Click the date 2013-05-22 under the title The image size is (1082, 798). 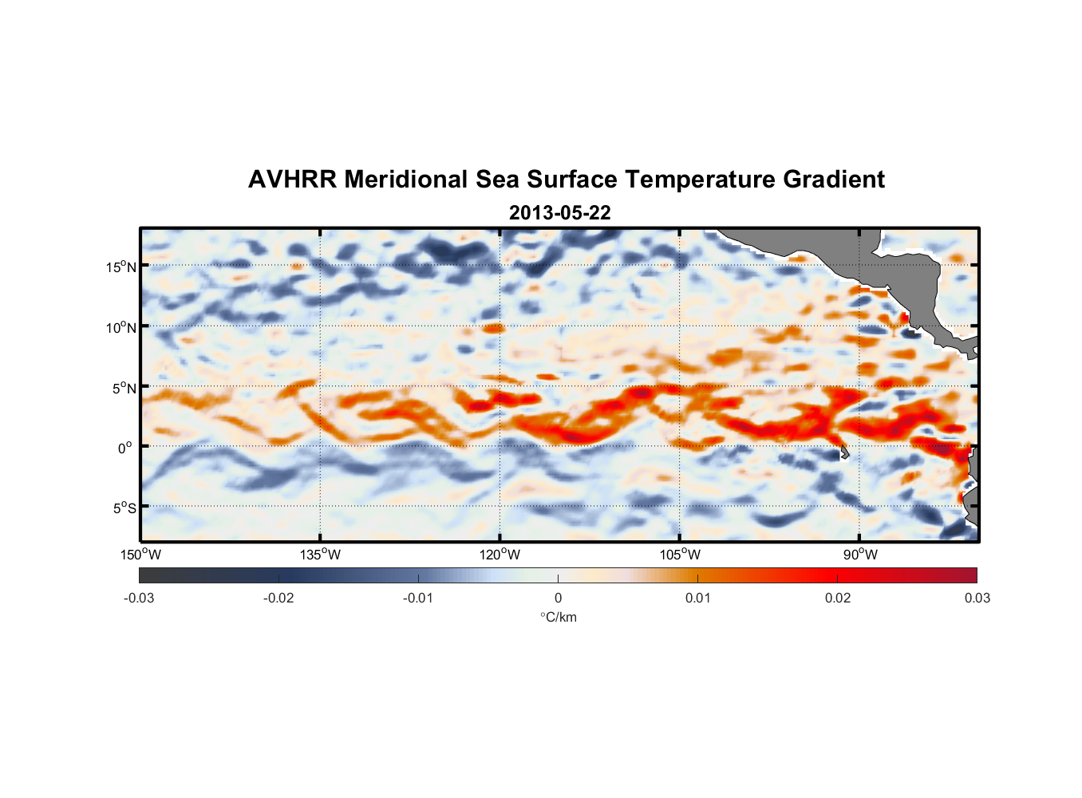[559, 213]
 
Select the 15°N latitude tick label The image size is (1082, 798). [120, 267]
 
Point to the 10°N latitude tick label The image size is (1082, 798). [120, 327]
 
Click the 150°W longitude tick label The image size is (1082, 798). [141, 555]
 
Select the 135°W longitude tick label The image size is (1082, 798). [320, 555]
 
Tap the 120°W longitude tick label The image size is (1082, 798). [500, 555]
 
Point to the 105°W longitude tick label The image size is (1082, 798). [680, 555]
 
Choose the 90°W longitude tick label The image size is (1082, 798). [860, 555]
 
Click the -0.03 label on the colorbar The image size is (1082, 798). [139, 598]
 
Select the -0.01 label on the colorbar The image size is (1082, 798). [418, 598]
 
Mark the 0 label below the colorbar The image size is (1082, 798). [558, 598]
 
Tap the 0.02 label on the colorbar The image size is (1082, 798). [837, 598]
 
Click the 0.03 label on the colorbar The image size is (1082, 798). [977, 598]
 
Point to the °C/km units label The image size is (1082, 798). [558, 617]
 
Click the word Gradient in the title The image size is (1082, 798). [834, 180]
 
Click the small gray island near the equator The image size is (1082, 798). [844, 452]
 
